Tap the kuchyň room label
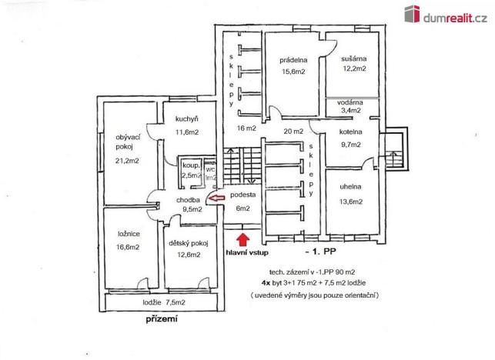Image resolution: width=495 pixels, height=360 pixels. pyautogui.click(x=187, y=118)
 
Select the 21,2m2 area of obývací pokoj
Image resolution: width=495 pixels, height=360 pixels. pyautogui.click(x=127, y=161)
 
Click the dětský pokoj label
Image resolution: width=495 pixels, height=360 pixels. pyautogui.click(x=189, y=245)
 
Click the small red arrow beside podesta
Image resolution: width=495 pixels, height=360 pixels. pyautogui.click(x=219, y=199)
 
